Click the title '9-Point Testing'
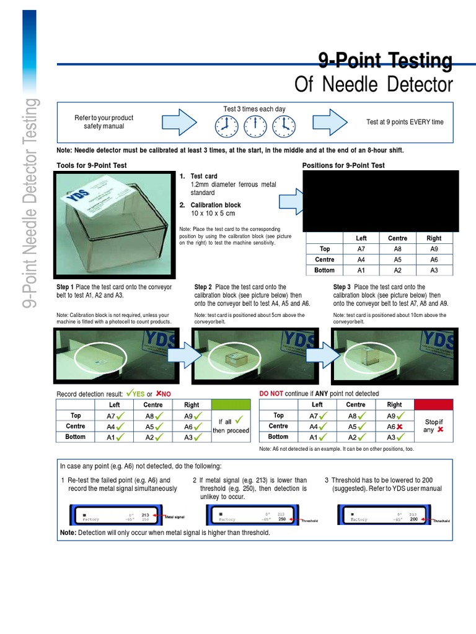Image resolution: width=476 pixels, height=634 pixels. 385,61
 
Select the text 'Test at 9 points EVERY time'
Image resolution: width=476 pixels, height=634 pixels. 405,122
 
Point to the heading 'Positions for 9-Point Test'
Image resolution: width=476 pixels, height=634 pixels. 343,165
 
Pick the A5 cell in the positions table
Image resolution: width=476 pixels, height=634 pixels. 397,259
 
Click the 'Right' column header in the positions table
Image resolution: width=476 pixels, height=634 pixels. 434,238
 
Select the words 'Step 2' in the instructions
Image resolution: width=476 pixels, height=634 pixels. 203,287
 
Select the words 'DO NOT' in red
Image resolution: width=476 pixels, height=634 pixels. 271,394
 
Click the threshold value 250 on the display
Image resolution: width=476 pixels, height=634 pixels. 281,519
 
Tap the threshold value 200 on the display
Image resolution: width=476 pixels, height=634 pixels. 414,519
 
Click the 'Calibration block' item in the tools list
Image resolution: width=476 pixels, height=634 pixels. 215,205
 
